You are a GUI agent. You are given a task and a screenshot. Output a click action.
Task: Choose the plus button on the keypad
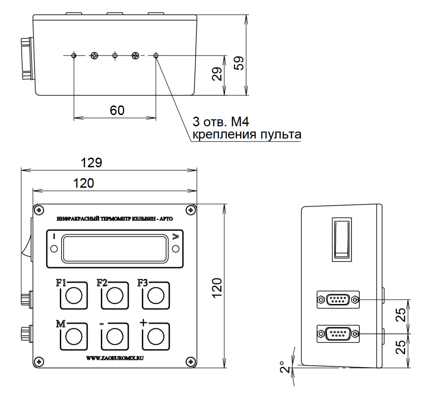point(156,336)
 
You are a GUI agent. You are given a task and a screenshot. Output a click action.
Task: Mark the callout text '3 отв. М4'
point(220,123)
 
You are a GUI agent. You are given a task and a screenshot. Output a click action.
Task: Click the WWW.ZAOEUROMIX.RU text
point(114,359)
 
